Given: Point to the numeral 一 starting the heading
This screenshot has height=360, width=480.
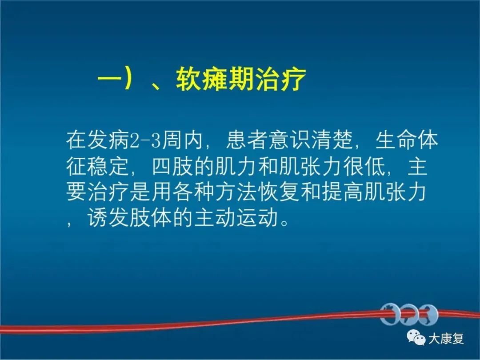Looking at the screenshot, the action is click(x=109, y=79).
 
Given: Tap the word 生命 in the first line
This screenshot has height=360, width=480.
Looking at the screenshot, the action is click(x=396, y=140).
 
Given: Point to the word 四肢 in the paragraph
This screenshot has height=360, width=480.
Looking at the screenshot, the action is click(x=172, y=167).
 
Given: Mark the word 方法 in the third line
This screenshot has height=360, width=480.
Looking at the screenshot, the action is click(x=236, y=192).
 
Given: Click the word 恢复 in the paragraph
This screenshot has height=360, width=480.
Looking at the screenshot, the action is click(x=279, y=192).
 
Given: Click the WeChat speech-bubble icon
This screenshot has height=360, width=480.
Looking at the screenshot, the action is click(x=416, y=337).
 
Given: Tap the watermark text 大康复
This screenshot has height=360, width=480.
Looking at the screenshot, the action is click(x=446, y=339).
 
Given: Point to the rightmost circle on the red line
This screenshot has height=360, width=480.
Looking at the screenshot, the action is click(x=428, y=314).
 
